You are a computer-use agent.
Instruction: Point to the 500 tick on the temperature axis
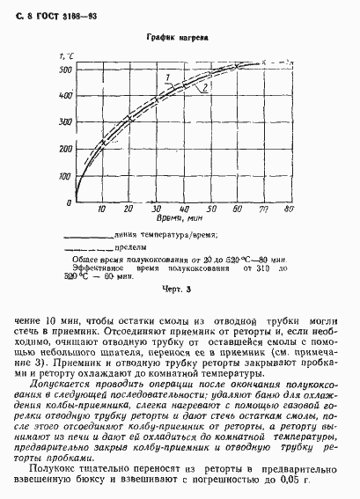click(64, 70)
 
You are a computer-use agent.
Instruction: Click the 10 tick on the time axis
click(102, 209)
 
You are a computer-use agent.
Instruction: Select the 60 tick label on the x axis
click(236, 209)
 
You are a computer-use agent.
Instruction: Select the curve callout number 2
click(204, 87)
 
